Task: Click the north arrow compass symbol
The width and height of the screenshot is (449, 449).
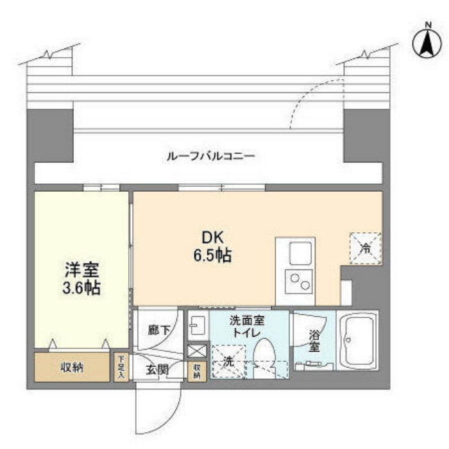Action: [427, 43]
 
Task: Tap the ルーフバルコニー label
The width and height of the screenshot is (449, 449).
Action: [210, 157]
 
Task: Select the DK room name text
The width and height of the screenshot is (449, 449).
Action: [212, 238]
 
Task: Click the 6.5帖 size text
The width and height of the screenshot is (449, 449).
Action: [212, 255]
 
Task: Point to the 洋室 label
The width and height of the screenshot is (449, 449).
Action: [82, 270]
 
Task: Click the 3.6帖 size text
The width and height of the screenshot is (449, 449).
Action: [81, 288]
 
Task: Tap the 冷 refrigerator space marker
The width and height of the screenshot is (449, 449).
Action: [366, 248]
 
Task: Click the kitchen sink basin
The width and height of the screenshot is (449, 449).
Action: [300, 253]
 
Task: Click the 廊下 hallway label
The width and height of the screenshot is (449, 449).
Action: [159, 330]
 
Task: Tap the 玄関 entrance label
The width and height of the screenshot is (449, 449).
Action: [157, 369]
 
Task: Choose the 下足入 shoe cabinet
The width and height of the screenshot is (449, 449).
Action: [121, 368]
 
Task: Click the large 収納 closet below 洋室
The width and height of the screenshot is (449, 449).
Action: [72, 367]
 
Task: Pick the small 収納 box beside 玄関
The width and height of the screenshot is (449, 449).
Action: [197, 371]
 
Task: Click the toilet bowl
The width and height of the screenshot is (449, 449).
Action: [264, 357]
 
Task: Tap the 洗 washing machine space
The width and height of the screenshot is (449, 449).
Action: [228, 362]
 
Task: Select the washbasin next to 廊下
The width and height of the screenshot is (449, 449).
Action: [198, 325]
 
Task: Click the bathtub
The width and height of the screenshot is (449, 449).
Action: [358, 340]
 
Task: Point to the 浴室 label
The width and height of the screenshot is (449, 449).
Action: [314, 341]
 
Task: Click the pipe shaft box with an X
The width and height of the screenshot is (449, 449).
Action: [197, 351]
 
